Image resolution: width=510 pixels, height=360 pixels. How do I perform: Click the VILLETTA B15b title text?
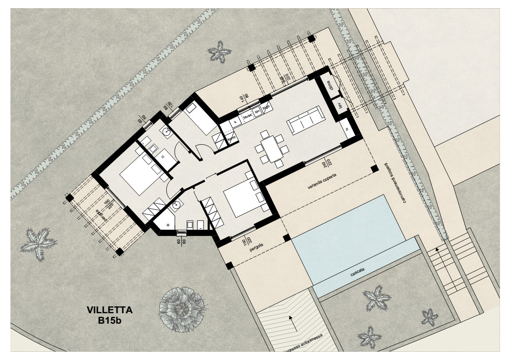click(x=110, y=315)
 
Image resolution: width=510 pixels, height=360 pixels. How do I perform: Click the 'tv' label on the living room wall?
click(x=340, y=107)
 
